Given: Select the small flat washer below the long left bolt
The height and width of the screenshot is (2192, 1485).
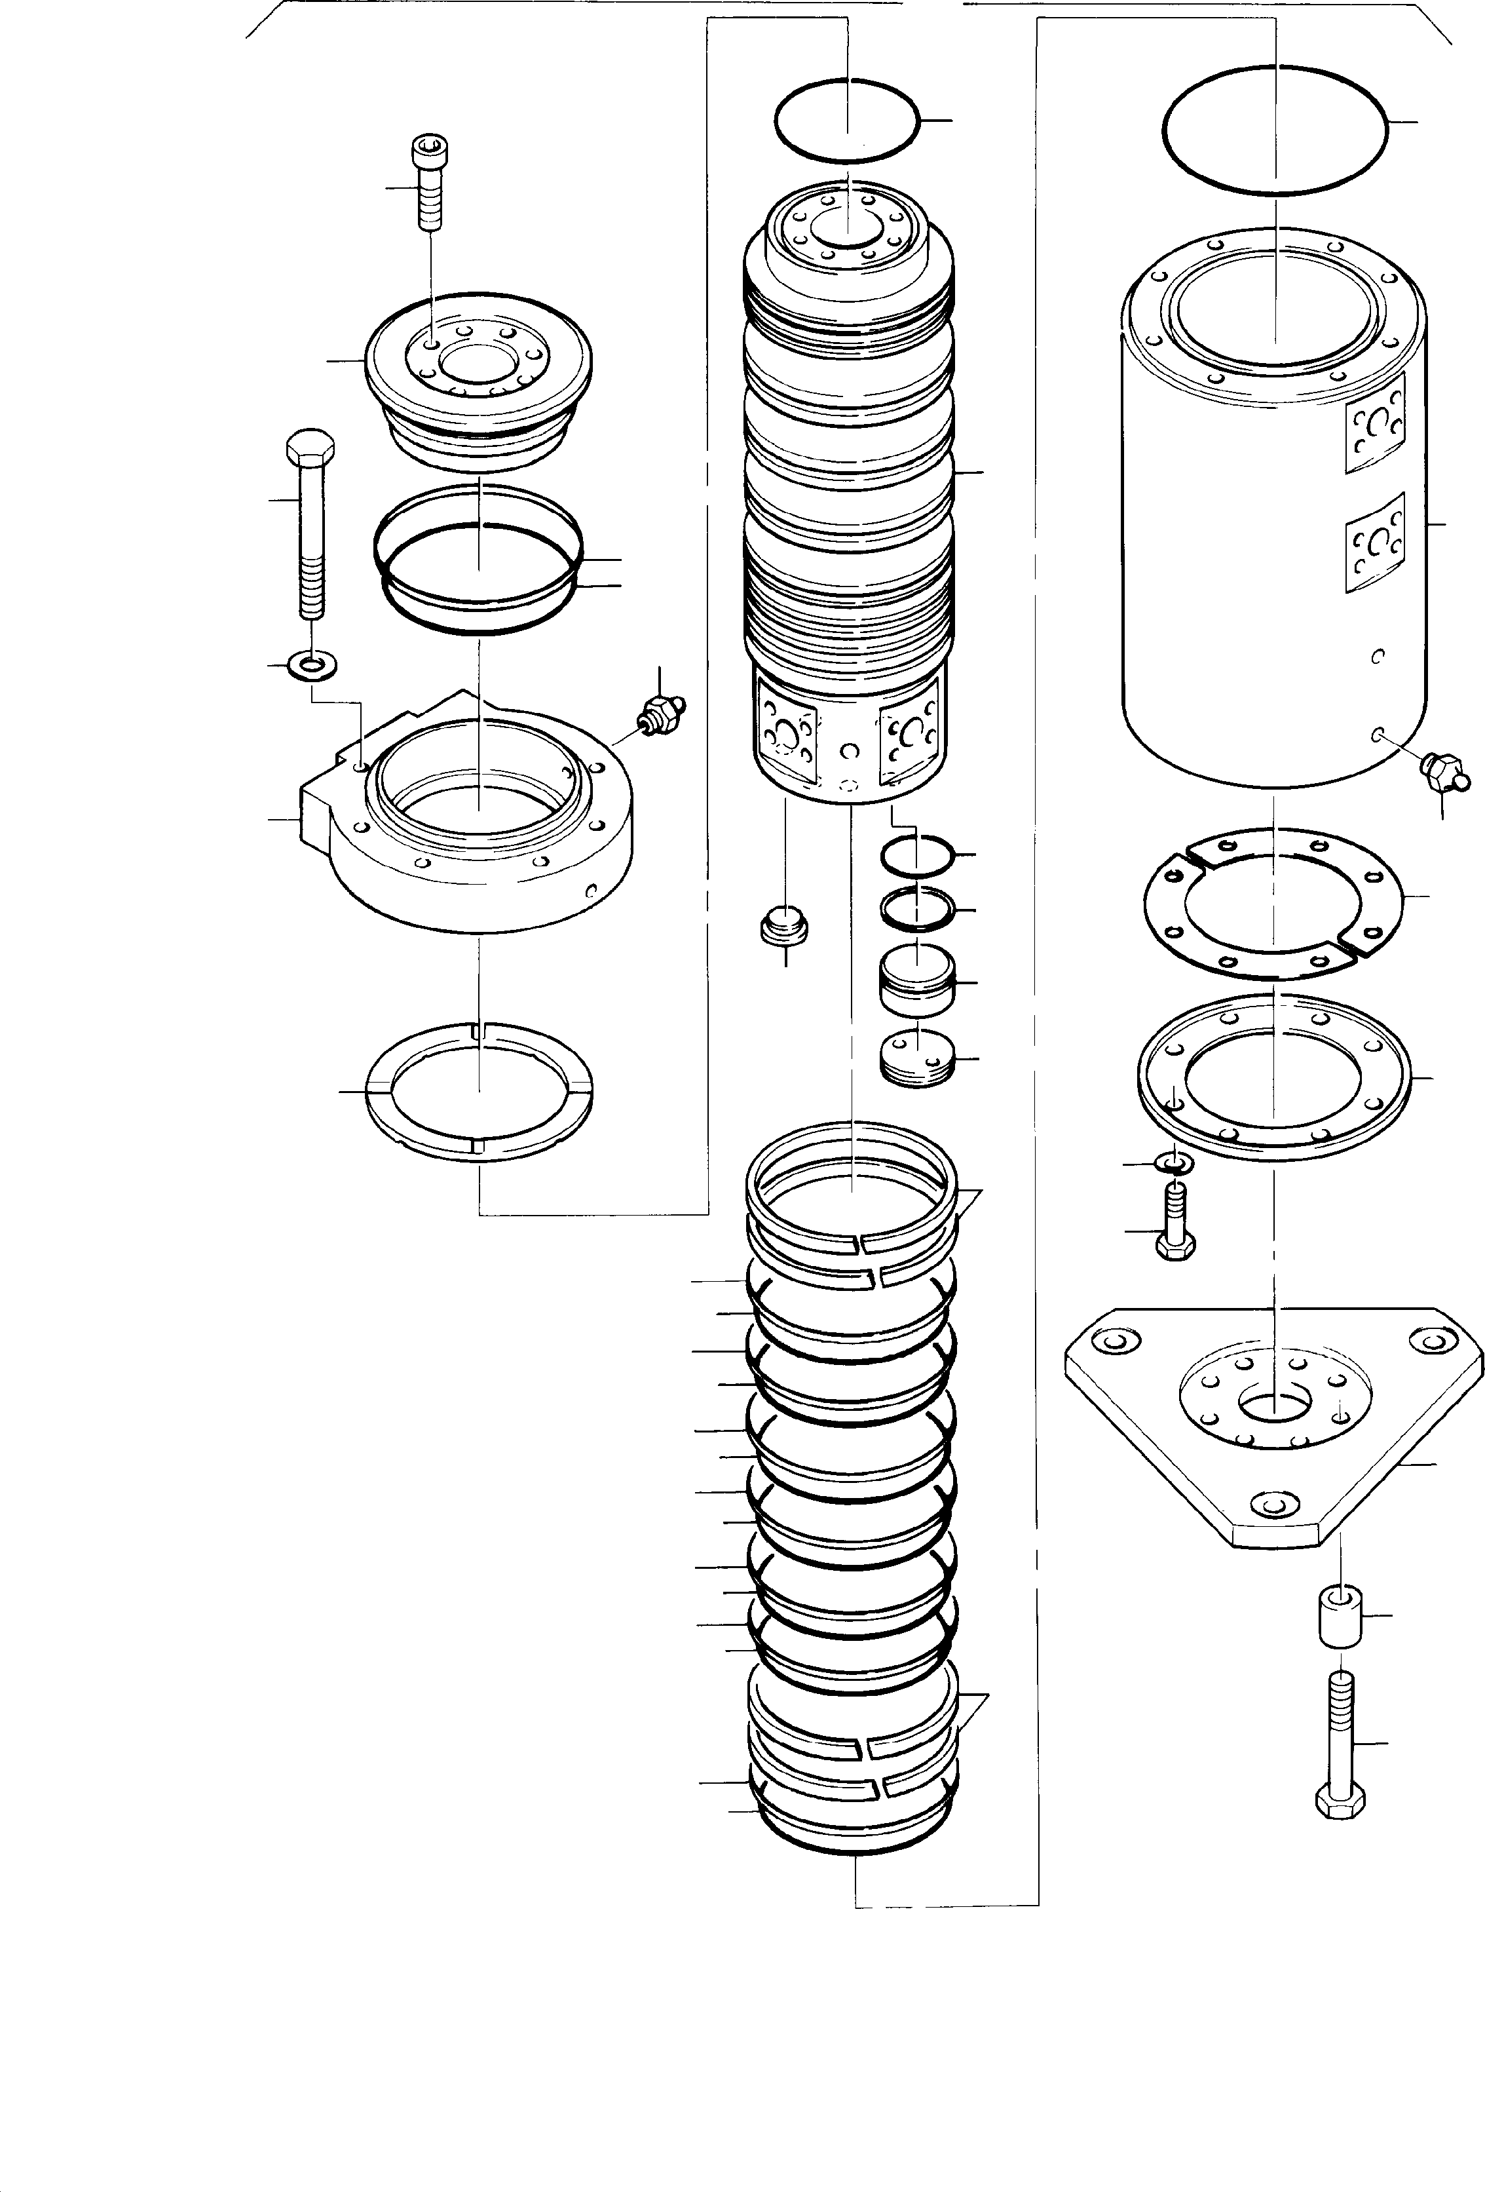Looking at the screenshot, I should click(312, 668).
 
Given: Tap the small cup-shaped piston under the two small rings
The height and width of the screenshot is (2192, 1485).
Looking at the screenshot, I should click(916, 981).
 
